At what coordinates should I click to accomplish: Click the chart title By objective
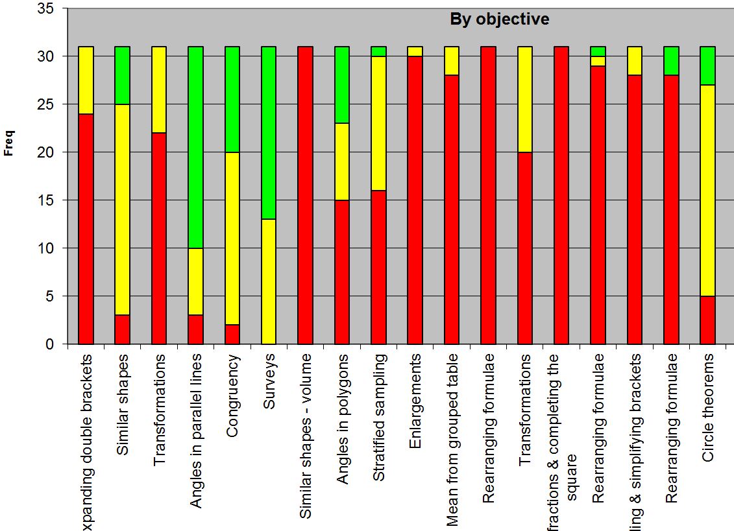click(499, 19)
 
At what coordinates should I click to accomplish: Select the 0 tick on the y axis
click(51, 344)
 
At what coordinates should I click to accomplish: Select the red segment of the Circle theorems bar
click(708, 320)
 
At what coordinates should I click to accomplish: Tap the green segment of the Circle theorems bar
click(708, 65)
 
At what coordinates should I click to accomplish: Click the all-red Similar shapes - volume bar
click(306, 195)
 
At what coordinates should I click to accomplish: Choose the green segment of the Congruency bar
click(232, 99)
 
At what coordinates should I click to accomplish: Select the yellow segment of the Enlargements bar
click(415, 52)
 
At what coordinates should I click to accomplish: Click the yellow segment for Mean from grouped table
click(452, 61)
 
